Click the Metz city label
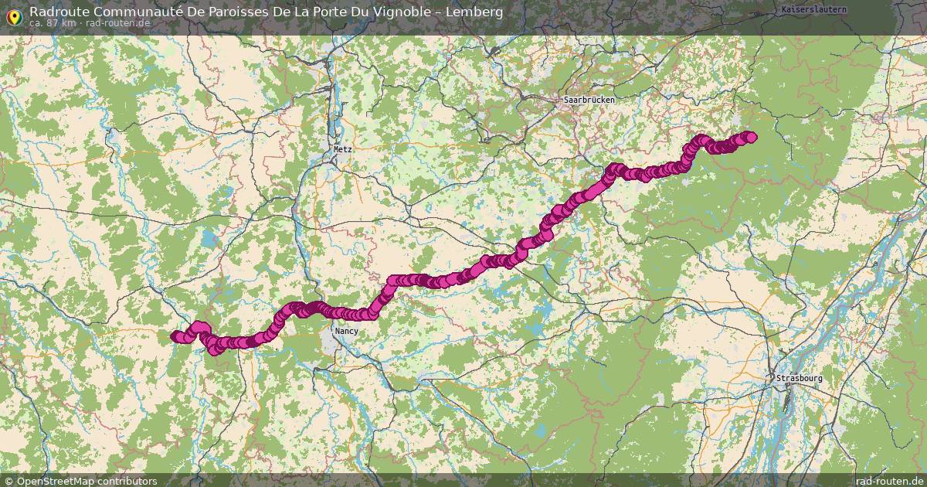coord(342,149)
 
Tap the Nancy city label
coord(346,331)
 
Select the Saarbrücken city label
coord(589,100)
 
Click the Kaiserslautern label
coord(814,9)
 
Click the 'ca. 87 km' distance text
coord(53,23)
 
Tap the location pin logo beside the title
coord(13,15)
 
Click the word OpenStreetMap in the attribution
coord(56,481)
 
